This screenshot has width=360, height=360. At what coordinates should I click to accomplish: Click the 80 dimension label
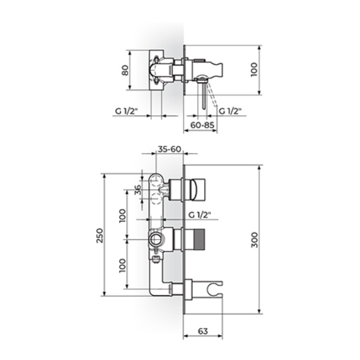point(125,70)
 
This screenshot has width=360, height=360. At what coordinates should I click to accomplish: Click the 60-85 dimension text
point(202,125)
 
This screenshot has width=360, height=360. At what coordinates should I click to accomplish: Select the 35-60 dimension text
point(170,149)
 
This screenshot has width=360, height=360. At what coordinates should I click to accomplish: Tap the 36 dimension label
point(138,190)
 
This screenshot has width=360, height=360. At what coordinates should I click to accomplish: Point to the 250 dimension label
point(100,235)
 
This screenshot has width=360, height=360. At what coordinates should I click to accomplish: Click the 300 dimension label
point(255,240)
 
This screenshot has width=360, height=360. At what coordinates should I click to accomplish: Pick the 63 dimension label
point(203,331)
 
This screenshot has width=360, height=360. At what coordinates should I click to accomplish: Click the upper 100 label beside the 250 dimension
point(122,216)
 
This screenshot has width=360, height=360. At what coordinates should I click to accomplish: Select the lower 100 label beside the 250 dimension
point(122,266)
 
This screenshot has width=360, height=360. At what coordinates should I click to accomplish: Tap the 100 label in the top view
point(255,70)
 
